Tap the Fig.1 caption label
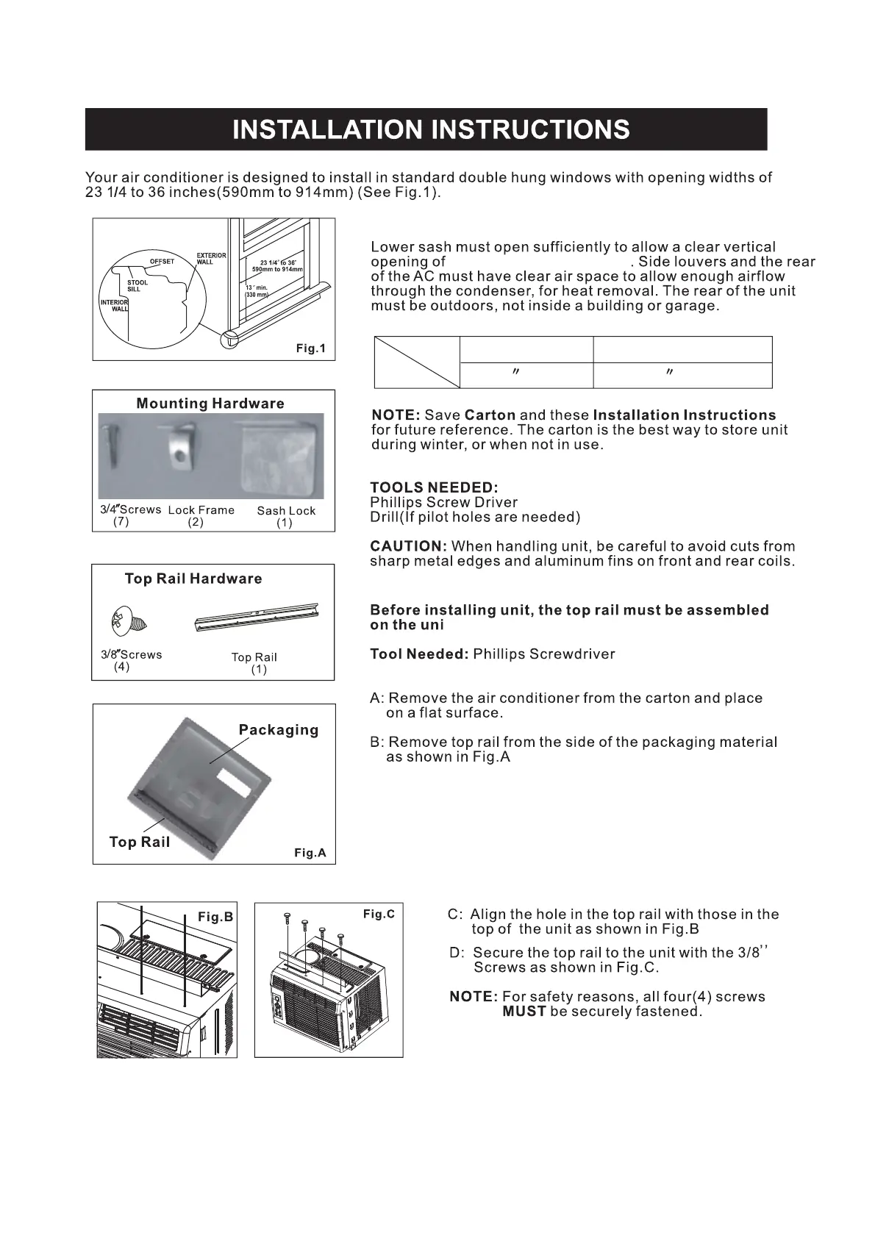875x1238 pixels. coord(310,348)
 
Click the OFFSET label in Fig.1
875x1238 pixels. coord(162,262)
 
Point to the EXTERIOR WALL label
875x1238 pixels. coord(211,259)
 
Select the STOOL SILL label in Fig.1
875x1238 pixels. coord(137,286)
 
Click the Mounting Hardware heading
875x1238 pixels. coord(210,404)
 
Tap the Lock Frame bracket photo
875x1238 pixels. coord(182,448)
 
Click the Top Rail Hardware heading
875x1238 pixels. coord(193,579)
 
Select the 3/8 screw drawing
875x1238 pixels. coord(129,622)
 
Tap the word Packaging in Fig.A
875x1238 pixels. coord(279,730)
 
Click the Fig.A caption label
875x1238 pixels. coord(310,853)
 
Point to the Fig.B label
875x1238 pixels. coord(215,917)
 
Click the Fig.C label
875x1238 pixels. coord(379,914)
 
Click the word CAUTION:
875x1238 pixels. coord(409,546)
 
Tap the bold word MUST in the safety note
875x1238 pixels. coord(524,1012)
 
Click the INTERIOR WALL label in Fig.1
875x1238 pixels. coord(115,305)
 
